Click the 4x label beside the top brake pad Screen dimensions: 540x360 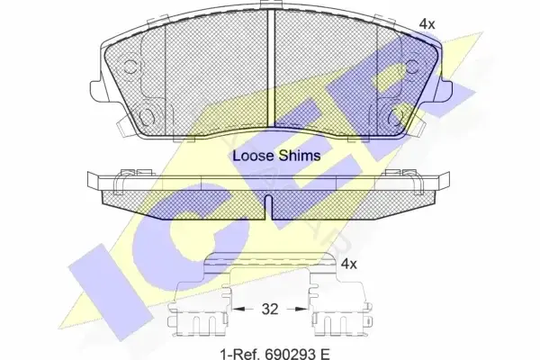(427, 23)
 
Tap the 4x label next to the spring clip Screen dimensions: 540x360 (348, 264)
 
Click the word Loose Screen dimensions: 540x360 (253, 156)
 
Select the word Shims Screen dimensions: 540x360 (300, 156)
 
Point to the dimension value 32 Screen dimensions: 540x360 (269, 309)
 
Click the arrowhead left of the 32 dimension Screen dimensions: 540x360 (238, 309)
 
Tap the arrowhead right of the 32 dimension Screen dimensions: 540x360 (300, 309)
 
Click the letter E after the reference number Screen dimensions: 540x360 (325, 354)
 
